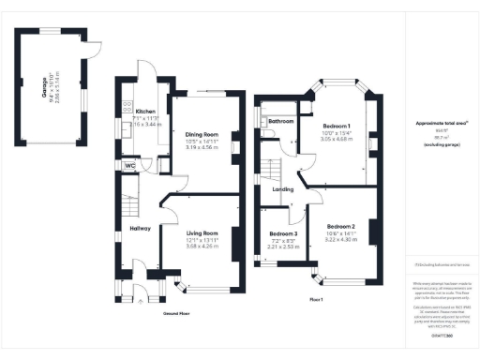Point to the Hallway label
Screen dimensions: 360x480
point(140,228)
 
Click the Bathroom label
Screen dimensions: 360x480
point(280,122)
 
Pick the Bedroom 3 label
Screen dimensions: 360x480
point(283,233)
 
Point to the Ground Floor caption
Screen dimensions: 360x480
point(177,314)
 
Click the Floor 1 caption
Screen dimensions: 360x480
point(315,299)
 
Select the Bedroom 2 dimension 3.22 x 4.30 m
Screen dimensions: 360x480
point(342,242)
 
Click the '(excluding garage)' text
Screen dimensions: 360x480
point(438,145)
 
